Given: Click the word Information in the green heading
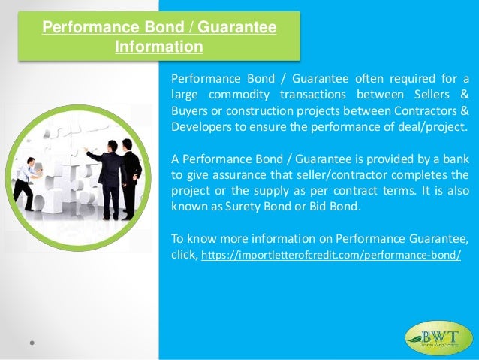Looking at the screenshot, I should (158, 47).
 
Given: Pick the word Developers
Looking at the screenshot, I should (202, 126).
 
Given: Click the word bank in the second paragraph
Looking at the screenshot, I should (455, 158).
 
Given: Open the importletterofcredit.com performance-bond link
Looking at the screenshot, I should (331, 256).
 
